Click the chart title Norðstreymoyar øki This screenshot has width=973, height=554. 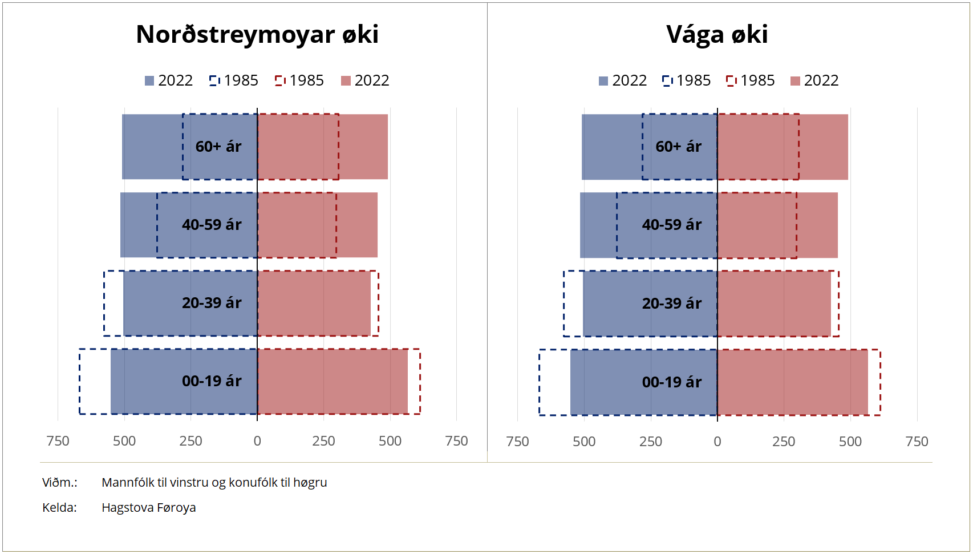(x=257, y=34)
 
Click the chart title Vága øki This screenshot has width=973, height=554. (x=717, y=34)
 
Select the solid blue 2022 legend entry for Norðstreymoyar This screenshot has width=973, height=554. (x=169, y=80)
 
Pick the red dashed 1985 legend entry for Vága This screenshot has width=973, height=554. (x=751, y=80)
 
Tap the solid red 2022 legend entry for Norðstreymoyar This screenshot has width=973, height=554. (x=365, y=80)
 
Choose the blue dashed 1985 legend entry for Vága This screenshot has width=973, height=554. (x=687, y=80)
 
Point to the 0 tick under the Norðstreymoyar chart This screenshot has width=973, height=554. (x=257, y=441)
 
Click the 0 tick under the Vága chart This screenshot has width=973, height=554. (x=717, y=441)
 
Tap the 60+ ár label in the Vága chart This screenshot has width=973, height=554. (x=678, y=147)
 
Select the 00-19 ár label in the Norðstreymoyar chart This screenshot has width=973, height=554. (x=212, y=381)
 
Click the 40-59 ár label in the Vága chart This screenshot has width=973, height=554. (x=672, y=225)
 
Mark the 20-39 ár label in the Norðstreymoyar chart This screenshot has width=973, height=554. (x=212, y=303)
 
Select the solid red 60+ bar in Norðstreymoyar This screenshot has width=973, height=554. (x=363, y=147)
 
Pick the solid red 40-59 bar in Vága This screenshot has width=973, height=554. (x=817, y=225)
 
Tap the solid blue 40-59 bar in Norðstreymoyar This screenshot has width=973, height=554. (x=138, y=225)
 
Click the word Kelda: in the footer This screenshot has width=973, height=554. (x=59, y=508)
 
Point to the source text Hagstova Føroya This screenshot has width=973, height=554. (x=148, y=508)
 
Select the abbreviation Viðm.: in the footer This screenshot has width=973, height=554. (x=59, y=483)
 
